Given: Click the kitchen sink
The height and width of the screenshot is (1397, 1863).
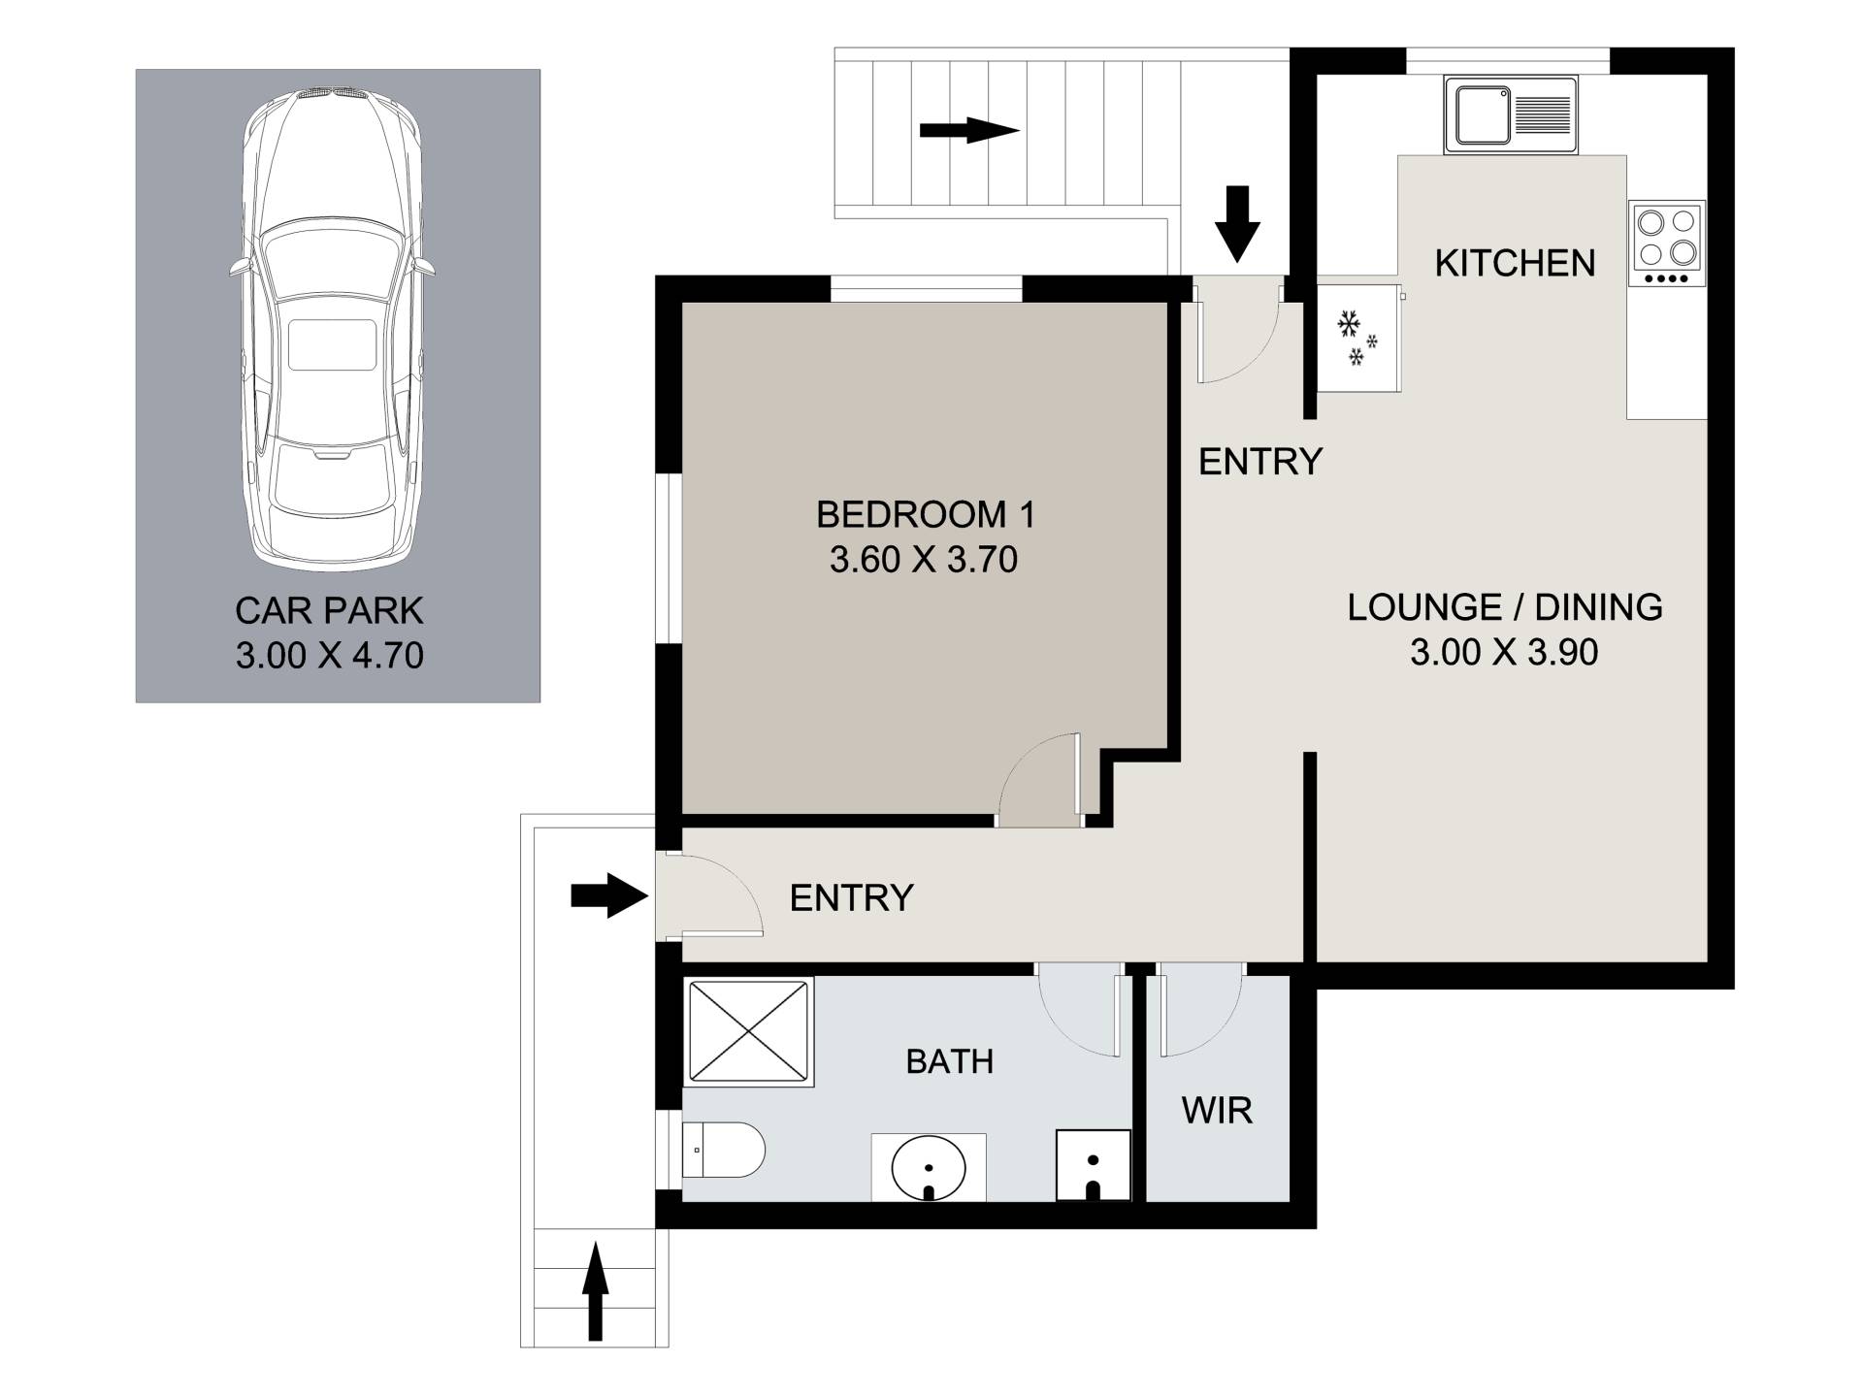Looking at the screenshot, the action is [1511, 114].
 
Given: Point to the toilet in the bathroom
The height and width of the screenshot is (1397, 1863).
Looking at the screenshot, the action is [723, 1151].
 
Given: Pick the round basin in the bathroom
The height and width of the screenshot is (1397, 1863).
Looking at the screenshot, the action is [929, 1168].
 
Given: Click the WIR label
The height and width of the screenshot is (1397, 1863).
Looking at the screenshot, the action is [1217, 1110].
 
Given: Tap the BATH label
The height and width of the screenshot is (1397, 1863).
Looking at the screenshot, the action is [949, 1061].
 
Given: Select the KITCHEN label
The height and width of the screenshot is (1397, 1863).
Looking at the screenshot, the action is [1515, 263].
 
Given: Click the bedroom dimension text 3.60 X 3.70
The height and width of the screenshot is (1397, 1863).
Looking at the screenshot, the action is [923, 560].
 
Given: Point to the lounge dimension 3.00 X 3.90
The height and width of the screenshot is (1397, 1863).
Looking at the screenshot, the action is [1504, 652].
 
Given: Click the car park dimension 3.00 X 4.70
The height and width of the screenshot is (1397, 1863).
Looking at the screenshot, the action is [329, 656].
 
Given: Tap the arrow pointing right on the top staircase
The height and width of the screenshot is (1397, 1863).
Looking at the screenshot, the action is [969, 130].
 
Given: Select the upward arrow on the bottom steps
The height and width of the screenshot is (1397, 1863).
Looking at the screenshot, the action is [595, 1294].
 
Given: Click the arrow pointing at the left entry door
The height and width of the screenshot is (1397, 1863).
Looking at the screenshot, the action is [609, 895].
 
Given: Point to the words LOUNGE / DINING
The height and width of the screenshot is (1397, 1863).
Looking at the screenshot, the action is [1505, 607].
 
